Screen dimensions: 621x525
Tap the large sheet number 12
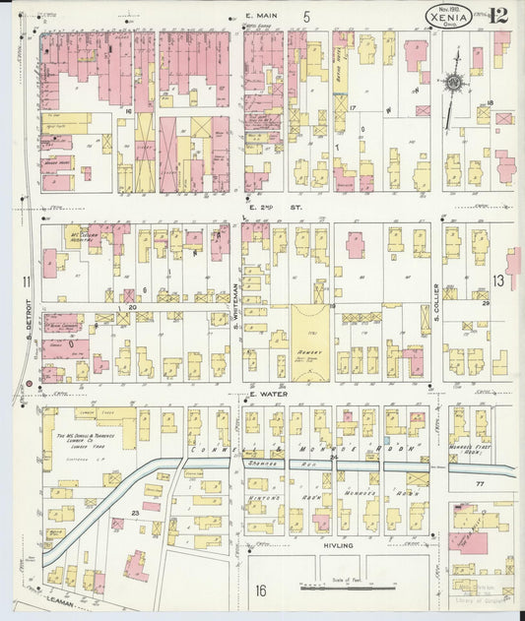pyautogui.click(x=497, y=14)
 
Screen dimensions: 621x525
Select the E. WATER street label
pyautogui.click(x=266, y=394)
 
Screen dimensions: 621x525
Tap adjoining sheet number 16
pyautogui.click(x=261, y=590)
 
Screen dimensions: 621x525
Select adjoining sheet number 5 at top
pyautogui.click(x=306, y=17)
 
